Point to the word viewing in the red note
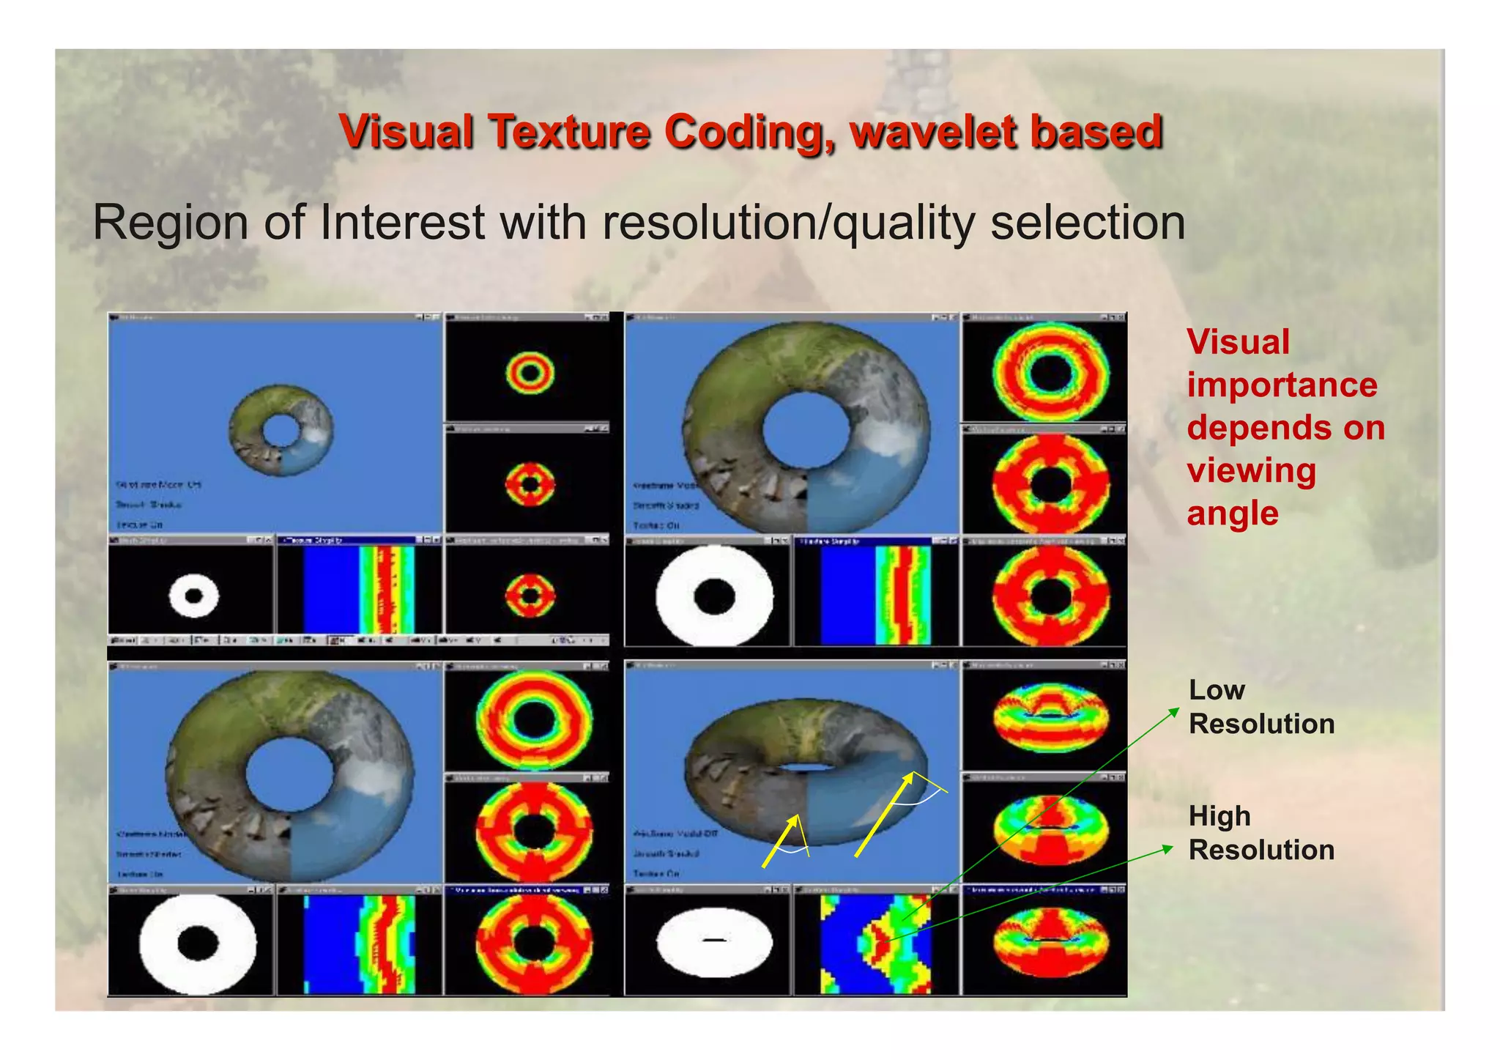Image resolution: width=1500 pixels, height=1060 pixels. (1251, 470)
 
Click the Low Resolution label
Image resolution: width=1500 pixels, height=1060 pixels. (1260, 707)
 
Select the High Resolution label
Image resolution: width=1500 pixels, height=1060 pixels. (1260, 833)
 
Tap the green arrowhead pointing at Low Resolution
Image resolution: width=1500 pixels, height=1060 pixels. (1174, 711)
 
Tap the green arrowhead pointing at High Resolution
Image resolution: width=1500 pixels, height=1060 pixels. (1168, 848)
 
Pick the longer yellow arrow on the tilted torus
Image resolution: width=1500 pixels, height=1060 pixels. (884, 814)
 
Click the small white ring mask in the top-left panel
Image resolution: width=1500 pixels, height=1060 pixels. (193, 596)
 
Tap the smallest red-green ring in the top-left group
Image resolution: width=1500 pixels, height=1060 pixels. (530, 373)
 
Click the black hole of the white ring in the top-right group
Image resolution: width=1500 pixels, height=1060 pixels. (714, 596)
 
